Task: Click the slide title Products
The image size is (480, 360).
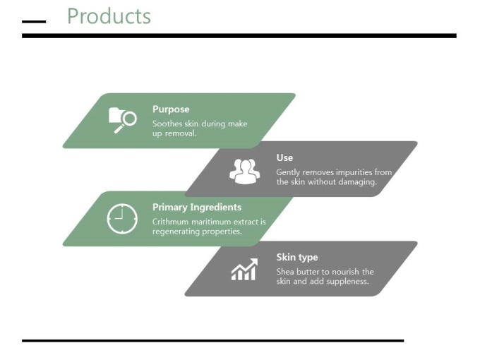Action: pyautogui.click(x=109, y=16)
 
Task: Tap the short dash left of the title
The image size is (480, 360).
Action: pyautogui.click(x=34, y=22)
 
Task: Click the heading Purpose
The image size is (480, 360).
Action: pyautogui.click(x=171, y=109)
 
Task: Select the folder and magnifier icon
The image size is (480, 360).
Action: pyautogui.click(x=122, y=120)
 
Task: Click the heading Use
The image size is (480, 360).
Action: pyautogui.click(x=284, y=157)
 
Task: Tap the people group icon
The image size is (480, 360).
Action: pyautogui.click(x=245, y=171)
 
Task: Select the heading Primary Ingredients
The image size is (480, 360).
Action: pyautogui.click(x=197, y=208)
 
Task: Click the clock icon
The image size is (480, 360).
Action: pyautogui.click(x=122, y=218)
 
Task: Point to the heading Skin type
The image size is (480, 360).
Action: pyautogui.click(x=297, y=257)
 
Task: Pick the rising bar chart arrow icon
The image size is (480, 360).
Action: pyautogui.click(x=244, y=270)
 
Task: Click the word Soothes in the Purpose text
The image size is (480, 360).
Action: pyautogui.click(x=165, y=124)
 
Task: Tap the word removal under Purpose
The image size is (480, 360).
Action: pyautogui.click(x=181, y=133)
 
